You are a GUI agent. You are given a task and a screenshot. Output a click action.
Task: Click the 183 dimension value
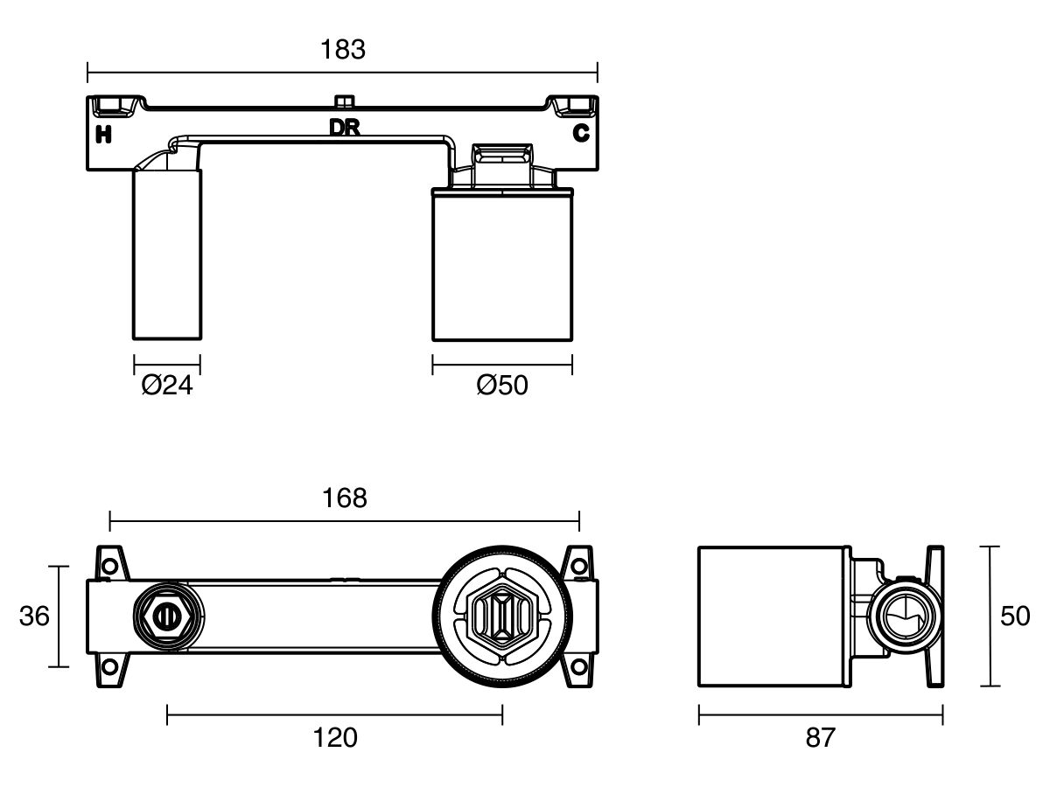pos(343,50)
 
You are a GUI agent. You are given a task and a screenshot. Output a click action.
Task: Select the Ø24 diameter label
pos(167,385)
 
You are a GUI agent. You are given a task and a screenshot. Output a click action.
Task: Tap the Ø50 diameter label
pos(502,385)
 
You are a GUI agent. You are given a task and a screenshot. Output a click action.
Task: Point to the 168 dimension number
pos(345,498)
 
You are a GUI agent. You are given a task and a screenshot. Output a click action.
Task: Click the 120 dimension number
pos(335,738)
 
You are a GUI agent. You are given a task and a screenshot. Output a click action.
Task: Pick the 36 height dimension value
pos(34,616)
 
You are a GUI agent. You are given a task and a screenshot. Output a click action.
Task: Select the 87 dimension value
pos(820,738)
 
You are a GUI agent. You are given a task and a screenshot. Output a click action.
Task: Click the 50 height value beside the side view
pos(1015,616)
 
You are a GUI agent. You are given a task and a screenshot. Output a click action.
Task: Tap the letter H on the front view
pos(103,134)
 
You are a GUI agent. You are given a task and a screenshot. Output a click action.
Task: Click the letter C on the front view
pos(580,134)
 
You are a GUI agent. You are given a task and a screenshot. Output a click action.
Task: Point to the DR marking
pos(345,128)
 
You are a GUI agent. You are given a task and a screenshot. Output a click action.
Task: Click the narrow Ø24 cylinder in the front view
pos(166,254)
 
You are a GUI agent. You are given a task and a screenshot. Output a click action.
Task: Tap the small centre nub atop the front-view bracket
pos(343,100)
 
